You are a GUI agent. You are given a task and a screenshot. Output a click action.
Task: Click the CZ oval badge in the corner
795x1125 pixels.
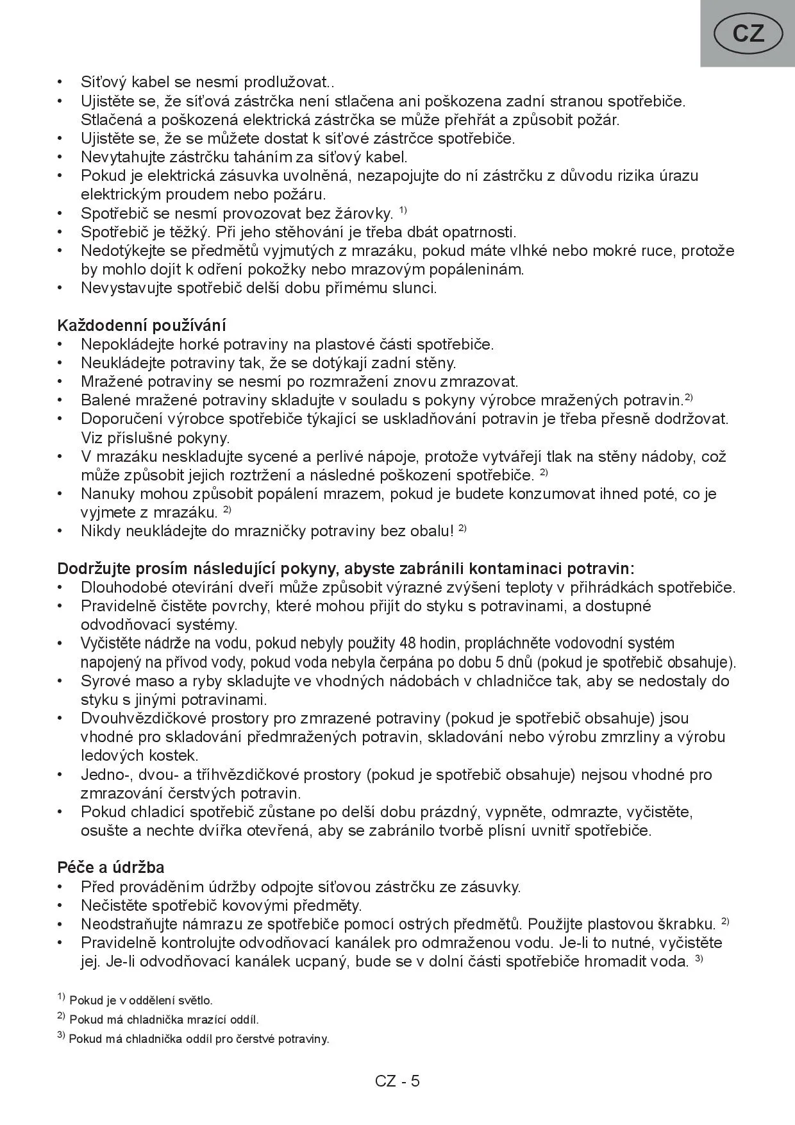748,33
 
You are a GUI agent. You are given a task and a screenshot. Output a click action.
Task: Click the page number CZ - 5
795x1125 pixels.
397,1081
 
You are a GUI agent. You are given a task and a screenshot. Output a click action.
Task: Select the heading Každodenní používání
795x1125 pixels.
141,325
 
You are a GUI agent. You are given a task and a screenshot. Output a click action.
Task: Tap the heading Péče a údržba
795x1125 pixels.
111,867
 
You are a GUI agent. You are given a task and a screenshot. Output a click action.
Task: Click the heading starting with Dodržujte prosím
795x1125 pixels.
346,568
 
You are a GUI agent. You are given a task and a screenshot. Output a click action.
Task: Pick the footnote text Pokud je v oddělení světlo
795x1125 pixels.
141,1000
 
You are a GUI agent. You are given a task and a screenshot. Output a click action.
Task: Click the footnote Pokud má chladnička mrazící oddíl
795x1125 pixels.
163,1019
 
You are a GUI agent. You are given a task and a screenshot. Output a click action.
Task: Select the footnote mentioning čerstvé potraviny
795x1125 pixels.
199,1038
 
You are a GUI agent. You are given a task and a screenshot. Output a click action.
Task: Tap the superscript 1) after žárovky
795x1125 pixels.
403,210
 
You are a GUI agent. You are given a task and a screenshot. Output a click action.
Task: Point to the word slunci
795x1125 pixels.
414,287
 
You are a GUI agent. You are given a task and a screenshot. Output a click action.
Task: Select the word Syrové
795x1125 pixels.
105,681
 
